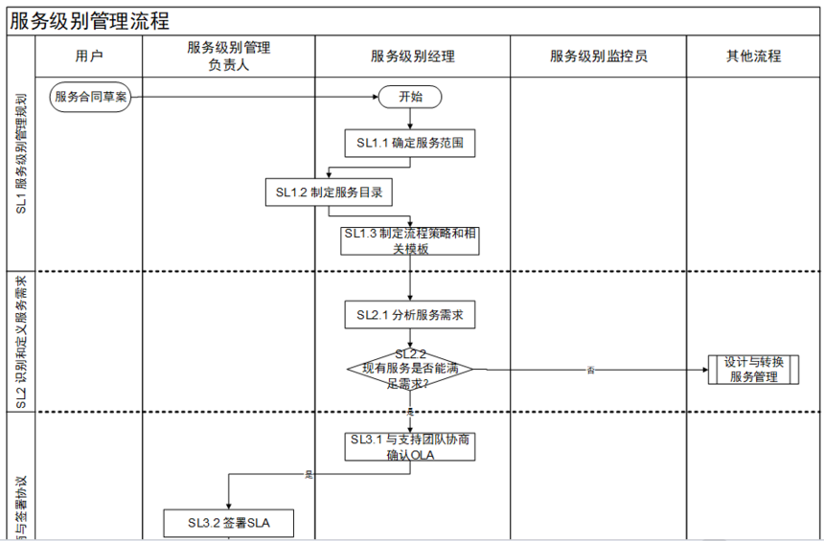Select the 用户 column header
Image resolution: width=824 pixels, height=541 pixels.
pyautogui.click(x=88, y=56)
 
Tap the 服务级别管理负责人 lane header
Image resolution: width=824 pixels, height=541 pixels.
pyautogui.click(x=229, y=56)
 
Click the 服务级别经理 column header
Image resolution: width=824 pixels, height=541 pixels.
pyautogui.click(x=412, y=56)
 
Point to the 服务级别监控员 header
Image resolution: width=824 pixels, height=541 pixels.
pyautogui.click(x=598, y=56)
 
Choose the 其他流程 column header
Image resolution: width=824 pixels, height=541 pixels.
pyautogui.click(x=753, y=56)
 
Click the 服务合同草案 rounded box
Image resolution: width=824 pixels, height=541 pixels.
pyautogui.click(x=91, y=96)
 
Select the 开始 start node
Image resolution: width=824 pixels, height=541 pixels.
pyautogui.click(x=410, y=97)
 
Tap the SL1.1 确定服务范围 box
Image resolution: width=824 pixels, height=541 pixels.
pyautogui.click(x=410, y=144)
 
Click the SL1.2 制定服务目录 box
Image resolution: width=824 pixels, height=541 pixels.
pyautogui.click(x=329, y=192)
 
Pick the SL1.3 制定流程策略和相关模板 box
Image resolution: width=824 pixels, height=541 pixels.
pyautogui.click(x=410, y=240)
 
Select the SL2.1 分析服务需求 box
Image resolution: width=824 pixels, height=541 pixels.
pyautogui.click(x=410, y=314)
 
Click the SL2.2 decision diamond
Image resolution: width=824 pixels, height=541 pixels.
pyautogui.click(x=410, y=369)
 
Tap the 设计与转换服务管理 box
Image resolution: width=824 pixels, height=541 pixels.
pyautogui.click(x=754, y=370)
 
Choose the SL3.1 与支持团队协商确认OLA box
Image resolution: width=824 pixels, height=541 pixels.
pyautogui.click(x=410, y=447)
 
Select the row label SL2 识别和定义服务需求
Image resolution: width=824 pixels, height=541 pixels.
pyautogui.click(x=21, y=342)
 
